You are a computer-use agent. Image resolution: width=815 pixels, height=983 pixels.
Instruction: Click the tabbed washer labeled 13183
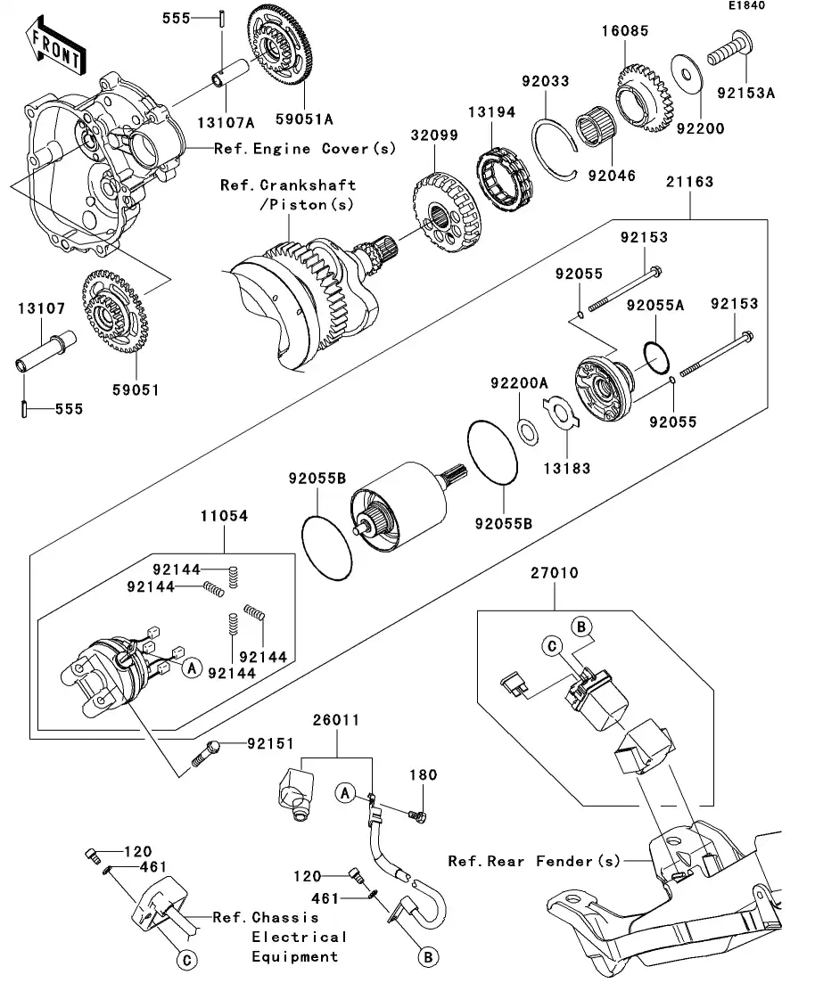pos(560,418)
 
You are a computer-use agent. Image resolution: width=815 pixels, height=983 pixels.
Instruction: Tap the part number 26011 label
pos(335,720)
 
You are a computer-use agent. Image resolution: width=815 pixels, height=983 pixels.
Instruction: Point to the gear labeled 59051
pos(111,312)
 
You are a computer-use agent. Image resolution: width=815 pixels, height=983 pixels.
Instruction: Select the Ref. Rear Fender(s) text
pos(533,861)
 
